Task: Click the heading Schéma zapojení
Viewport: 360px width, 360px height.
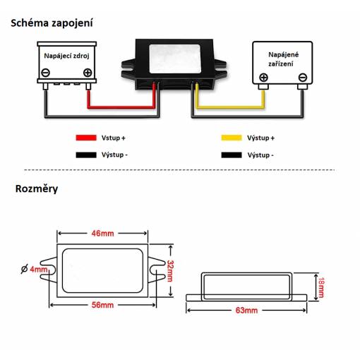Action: pyautogui.click(x=52, y=23)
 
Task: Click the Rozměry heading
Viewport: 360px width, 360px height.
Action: pyautogui.click(x=37, y=188)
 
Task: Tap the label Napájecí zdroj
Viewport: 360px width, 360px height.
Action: pyautogui.click(x=66, y=56)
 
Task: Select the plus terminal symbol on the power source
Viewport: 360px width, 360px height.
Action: pyautogui.click(x=88, y=73)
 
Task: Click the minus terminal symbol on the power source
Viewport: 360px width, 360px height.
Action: pyautogui.click(x=46, y=73)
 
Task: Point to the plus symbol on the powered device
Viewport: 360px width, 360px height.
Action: pyautogui.click(x=263, y=78)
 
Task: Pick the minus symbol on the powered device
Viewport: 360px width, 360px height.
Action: pyautogui.click(x=303, y=78)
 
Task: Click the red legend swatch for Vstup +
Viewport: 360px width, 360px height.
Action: pyautogui.click(x=86, y=138)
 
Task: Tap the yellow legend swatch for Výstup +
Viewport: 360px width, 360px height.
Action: pyautogui.click(x=232, y=138)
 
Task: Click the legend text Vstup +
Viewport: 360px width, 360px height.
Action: pyautogui.click(x=113, y=138)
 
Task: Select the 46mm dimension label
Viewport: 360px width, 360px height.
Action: pyautogui.click(x=102, y=234)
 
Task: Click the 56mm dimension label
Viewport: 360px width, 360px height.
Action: pyautogui.click(x=102, y=305)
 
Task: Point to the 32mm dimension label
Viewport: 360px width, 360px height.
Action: pyautogui.click(x=170, y=271)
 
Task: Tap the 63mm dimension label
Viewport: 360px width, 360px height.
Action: pyautogui.click(x=246, y=311)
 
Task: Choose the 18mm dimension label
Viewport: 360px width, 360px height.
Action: pyautogui.click(x=321, y=287)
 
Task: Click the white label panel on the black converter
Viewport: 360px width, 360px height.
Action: pyautogui.click(x=175, y=59)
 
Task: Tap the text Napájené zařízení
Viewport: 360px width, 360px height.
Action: pyautogui.click(x=284, y=59)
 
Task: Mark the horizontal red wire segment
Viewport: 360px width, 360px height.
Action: pyautogui.click(x=121, y=107)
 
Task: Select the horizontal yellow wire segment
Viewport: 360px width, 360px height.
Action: pyautogui.click(x=230, y=107)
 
